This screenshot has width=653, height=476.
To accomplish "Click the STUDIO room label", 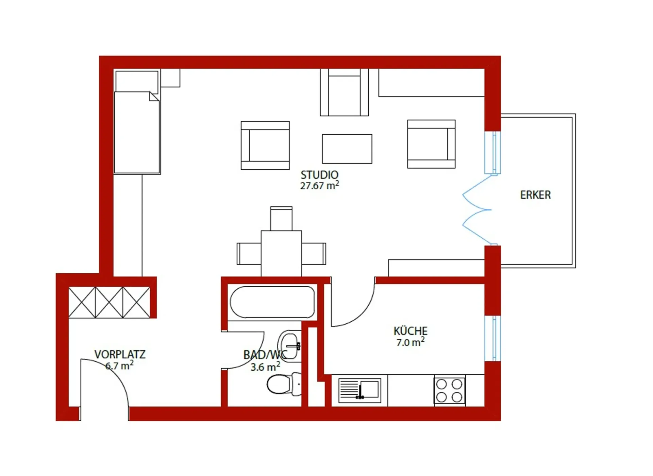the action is pos(319,175).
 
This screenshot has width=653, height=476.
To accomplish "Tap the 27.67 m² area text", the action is pos(319,186).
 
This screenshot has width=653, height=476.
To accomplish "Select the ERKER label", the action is pos(535,195).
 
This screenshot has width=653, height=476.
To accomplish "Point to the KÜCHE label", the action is pos(411,331).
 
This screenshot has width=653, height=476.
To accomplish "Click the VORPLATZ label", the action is pos(120,355).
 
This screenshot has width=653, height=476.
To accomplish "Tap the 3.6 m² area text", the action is pos(265,367).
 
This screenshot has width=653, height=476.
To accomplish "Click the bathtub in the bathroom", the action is pos(272,302).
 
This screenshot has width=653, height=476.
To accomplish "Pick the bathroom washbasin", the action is pos(289,346).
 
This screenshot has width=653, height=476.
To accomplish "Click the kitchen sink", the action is pos(360,390).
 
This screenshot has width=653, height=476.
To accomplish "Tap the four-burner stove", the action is pos(449,390).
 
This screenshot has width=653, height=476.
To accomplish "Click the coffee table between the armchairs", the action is pos(347,149).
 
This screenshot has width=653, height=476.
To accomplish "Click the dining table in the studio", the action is pos(281,254).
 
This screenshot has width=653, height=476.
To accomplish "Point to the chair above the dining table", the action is pos(281,219).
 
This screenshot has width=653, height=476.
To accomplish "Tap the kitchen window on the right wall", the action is pos(492,338).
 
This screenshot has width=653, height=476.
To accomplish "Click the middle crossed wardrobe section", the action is pos(109,302).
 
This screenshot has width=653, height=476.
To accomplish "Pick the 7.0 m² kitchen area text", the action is pos(411,342).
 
